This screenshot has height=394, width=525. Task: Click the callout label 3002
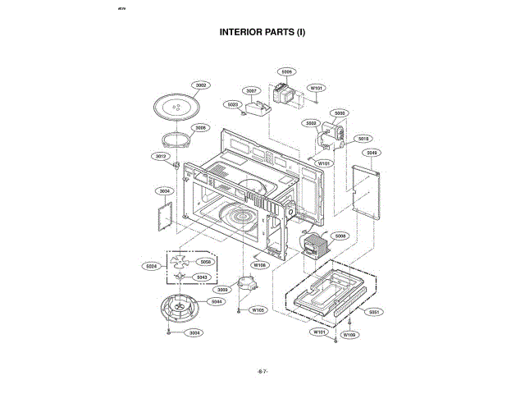click(x=201, y=85)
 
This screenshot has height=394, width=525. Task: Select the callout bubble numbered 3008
click(x=201, y=127)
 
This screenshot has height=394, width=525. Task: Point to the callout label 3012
click(x=161, y=155)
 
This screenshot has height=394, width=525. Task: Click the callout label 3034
click(x=164, y=191)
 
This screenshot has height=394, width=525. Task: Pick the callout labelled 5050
click(x=205, y=261)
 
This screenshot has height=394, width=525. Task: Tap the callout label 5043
click(x=201, y=277)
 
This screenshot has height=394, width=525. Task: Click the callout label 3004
click(x=194, y=332)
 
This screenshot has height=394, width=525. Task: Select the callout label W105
click(x=258, y=310)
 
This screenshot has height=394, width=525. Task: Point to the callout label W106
click(x=260, y=265)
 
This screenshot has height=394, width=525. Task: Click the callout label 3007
click(x=252, y=90)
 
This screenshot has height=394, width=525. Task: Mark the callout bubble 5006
click(x=285, y=71)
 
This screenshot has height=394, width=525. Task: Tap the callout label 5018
click(x=364, y=139)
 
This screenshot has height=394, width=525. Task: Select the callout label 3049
click(x=372, y=153)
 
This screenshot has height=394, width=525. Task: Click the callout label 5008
click(x=340, y=236)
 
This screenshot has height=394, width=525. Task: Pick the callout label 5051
click(x=373, y=312)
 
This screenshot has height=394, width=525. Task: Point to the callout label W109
click(x=349, y=335)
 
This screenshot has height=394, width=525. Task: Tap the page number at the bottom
click(x=262, y=372)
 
